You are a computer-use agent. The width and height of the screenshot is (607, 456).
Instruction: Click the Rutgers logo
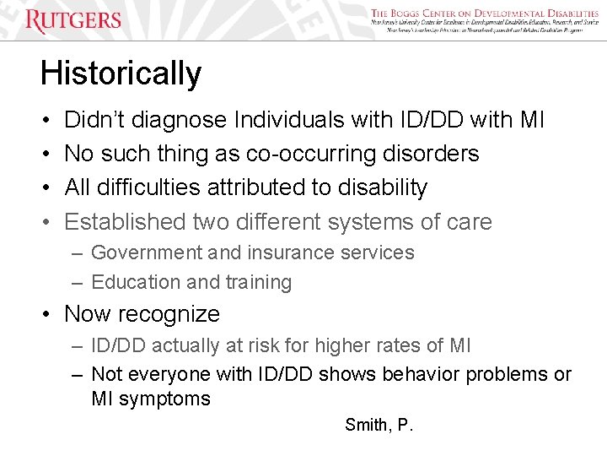click(x=73, y=20)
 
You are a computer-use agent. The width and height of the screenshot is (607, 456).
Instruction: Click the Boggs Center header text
click(x=484, y=14)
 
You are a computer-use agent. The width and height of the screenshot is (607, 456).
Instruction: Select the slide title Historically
click(x=121, y=73)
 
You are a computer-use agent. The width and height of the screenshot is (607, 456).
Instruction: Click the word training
click(x=259, y=282)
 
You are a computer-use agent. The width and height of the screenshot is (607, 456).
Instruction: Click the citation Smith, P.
click(x=379, y=425)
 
